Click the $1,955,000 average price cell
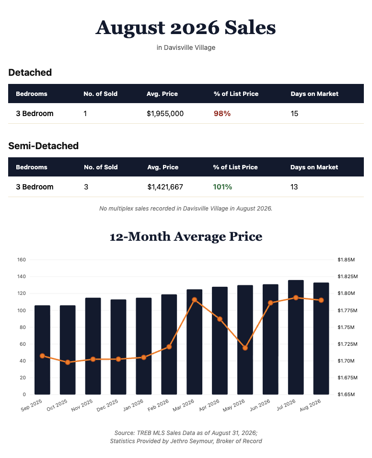[x=165, y=114]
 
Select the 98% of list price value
[x=222, y=114]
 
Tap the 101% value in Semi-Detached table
[x=222, y=187]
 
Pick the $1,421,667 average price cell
[x=165, y=187]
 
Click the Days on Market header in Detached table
[x=314, y=94]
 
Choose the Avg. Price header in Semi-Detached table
[x=163, y=167]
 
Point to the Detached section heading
[x=30, y=72]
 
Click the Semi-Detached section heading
[x=44, y=146]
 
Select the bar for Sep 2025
[x=42, y=350]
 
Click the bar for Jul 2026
[x=296, y=337]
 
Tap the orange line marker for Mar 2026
[x=195, y=300]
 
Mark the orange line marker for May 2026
[x=245, y=348]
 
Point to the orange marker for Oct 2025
[x=68, y=362]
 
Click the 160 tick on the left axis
[x=22, y=259]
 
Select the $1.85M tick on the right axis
[x=346, y=259]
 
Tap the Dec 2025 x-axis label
[x=107, y=405]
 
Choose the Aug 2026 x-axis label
[x=310, y=405]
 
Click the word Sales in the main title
[x=250, y=28]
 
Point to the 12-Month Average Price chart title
[x=186, y=236]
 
